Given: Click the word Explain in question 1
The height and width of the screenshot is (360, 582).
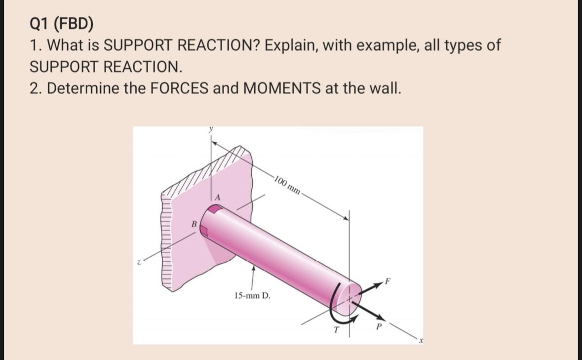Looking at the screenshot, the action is click(x=293, y=45).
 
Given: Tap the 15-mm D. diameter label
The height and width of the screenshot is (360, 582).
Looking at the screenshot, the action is click(x=253, y=296).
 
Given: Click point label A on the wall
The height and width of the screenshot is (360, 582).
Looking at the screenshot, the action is click(x=216, y=197).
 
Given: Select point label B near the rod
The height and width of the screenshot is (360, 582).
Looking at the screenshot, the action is click(x=194, y=225).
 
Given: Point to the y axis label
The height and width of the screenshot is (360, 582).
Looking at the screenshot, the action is click(x=211, y=129).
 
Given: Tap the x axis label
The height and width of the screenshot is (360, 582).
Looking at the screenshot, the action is click(x=421, y=341).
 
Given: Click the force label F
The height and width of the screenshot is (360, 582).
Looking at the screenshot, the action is click(x=388, y=282).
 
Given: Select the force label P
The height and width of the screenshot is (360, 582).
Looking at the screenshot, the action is click(x=379, y=326).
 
